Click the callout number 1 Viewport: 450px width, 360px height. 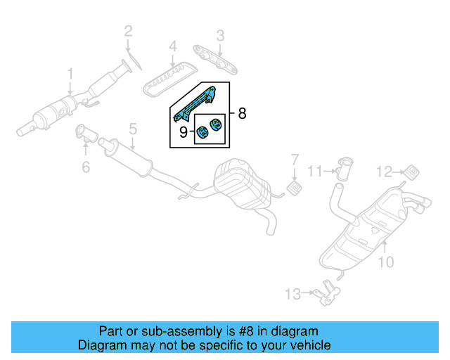tap(70, 74)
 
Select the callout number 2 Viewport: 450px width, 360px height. tap(128, 30)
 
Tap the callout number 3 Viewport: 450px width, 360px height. tap(220, 34)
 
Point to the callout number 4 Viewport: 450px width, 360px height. tap(172, 47)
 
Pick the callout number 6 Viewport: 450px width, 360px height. tap(86, 167)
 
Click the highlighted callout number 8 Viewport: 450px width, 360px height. tap(242, 113)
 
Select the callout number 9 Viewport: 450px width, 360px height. tap(183, 131)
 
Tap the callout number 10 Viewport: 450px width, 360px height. tap(386, 263)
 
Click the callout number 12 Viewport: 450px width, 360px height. tap(384, 170)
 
